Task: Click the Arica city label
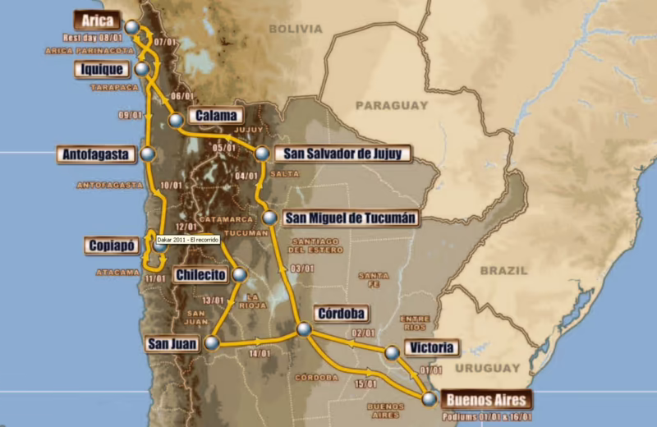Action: tap(96, 21)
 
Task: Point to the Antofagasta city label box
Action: tap(98, 154)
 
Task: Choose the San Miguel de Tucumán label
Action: tap(351, 218)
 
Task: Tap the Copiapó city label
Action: tap(116, 245)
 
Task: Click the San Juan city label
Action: tap(172, 344)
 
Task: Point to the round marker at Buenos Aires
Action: tap(429, 399)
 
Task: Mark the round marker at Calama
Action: tap(176, 121)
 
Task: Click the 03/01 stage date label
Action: tap(302, 269)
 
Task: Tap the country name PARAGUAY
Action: tap(391, 106)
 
